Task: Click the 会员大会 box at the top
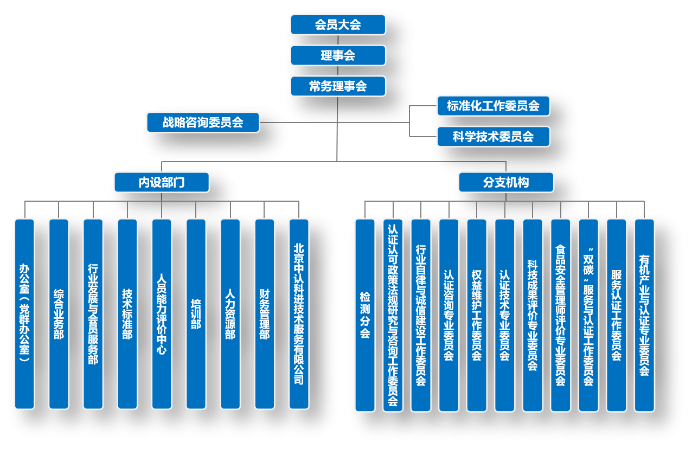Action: [x=338, y=25]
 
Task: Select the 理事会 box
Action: [x=338, y=55]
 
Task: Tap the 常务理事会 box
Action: [x=338, y=86]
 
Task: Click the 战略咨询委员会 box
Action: [x=203, y=122]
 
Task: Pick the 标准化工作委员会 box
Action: [x=493, y=106]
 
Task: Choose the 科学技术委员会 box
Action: [x=493, y=137]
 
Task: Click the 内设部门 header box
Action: [x=162, y=182]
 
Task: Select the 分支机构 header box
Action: [x=506, y=182]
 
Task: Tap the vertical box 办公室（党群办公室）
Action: [x=24, y=314]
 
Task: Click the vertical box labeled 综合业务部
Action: [x=59, y=314]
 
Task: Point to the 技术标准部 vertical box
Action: [x=127, y=314]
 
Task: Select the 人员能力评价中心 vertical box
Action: [x=162, y=314]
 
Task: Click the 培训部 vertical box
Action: [x=196, y=314]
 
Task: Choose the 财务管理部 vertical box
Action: [x=265, y=314]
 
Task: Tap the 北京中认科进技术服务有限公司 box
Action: [x=299, y=314]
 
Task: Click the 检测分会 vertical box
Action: [x=365, y=315]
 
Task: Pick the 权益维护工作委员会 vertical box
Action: [x=477, y=315]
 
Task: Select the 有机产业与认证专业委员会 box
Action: [x=644, y=315]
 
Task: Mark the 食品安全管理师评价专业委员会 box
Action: [x=561, y=315]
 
